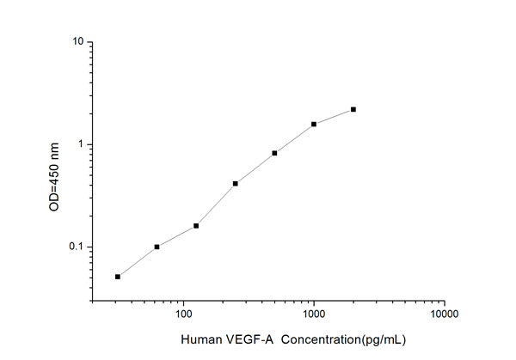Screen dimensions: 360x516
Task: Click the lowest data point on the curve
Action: pyautogui.click(x=118, y=277)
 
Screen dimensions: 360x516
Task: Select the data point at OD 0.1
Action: pyautogui.click(x=157, y=247)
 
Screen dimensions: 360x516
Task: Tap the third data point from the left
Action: pyautogui.click(x=196, y=226)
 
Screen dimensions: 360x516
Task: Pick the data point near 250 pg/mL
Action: pyautogui.click(x=236, y=183)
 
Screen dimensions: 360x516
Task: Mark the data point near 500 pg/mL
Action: pyautogui.click(x=274, y=153)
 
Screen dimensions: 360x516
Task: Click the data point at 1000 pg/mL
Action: pyautogui.click(x=314, y=124)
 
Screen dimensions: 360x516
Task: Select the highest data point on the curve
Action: pyautogui.click(x=353, y=109)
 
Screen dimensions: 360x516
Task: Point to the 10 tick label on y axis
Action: pyautogui.click(x=78, y=41)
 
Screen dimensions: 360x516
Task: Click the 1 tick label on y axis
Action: pyautogui.click(x=81, y=144)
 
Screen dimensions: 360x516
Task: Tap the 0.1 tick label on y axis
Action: pyautogui.click(x=76, y=247)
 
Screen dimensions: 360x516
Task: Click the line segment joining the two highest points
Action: pyautogui.click(x=334, y=116)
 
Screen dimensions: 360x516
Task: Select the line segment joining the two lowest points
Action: pyautogui.click(x=138, y=262)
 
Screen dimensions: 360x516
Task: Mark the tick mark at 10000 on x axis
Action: pyautogui.click(x=444, y=301)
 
